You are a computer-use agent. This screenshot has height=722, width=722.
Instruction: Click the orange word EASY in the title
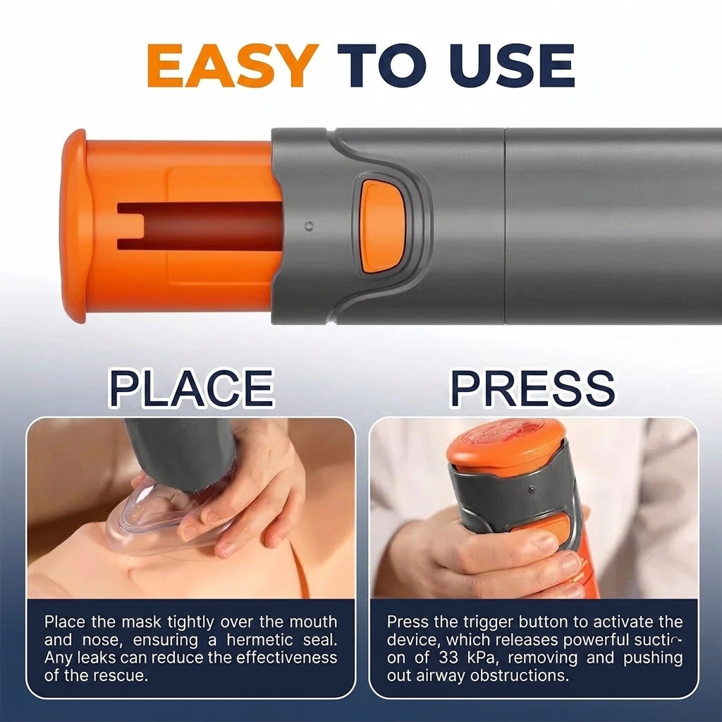click(x=233, y=66)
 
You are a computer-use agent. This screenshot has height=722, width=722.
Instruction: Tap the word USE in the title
click(x=512, y=66)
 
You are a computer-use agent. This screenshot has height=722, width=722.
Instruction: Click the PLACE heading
click(x=191, y=388)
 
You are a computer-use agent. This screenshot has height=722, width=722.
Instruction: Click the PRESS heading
click(x=532, y=388)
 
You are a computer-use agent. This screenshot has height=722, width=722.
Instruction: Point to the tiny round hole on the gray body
click(x=310, y=226)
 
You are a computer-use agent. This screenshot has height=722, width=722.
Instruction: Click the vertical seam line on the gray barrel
click(x=505, y=226)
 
